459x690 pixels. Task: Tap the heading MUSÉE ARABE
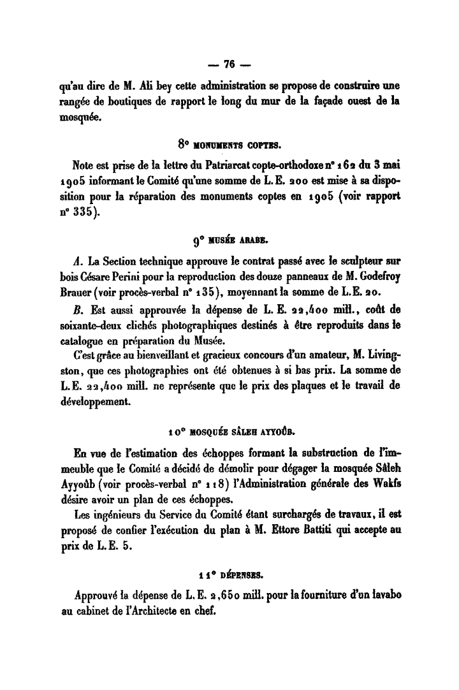237,241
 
